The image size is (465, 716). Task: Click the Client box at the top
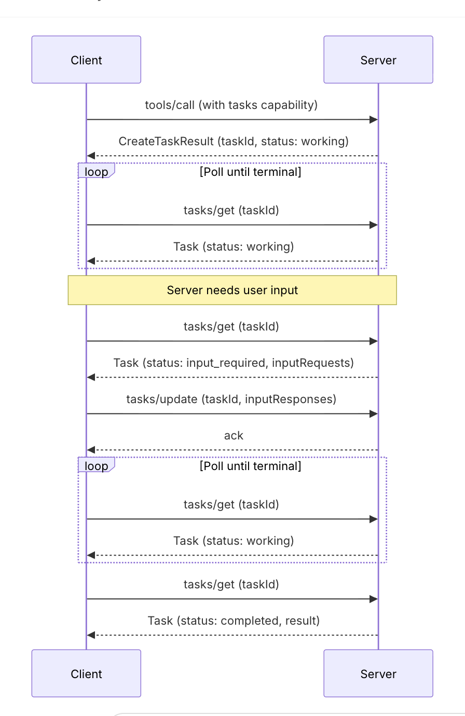tap(86, 60)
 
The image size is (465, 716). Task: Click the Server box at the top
tap(378, 60)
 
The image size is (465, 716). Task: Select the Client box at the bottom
tap(86, 673)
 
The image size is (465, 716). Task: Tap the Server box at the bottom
tap(378, 673)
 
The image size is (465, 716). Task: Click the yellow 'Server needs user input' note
tap(232, 290)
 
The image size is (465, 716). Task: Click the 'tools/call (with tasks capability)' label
tap(231, 105)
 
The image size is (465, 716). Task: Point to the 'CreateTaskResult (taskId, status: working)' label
tap(234, 141)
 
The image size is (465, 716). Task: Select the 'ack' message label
tap(234, 435)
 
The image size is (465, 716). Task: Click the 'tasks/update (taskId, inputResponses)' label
tap(231, 399)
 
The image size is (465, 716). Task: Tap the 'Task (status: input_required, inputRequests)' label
tap(234, 363)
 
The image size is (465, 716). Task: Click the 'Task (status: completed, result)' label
tap(234, 621)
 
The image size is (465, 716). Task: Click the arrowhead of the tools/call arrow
tap(374, 119)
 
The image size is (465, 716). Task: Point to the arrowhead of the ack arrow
tap(91, 450)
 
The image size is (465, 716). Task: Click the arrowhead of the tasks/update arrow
tap(374, 414)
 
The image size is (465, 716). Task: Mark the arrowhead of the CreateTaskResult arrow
tap(91, 156)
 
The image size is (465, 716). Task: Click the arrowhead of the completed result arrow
tap(91, 635)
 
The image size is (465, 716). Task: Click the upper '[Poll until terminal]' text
tap(251, 172)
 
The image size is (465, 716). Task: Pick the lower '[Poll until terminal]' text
tap(251, 466)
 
